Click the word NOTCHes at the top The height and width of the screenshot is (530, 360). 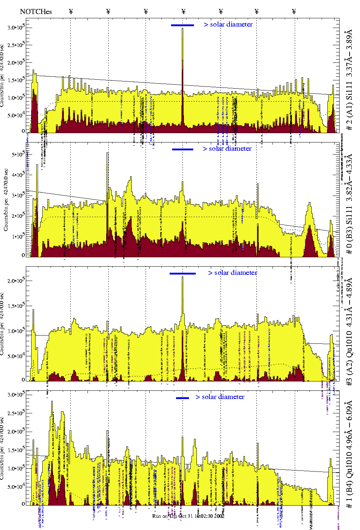[x=36, y=11]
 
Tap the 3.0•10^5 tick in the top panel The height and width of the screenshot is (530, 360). [x=16, y=27]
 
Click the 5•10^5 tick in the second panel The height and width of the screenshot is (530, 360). [x=18, y=154]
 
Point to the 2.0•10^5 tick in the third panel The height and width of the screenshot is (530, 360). [x=16, y=280]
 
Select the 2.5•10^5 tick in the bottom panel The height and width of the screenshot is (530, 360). [x=16, y=413]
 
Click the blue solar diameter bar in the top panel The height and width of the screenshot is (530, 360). [x=183, y=25]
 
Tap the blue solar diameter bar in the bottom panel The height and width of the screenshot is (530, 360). [x=183, y=398]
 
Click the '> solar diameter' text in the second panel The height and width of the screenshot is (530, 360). [x=227, y=149]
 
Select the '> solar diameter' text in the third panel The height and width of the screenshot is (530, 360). [x=232, y=273]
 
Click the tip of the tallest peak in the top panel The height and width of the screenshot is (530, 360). [x=183, y=29]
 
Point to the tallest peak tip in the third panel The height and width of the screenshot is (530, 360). [x=183, y=277]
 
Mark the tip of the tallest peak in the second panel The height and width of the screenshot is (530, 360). [x=108, y=153]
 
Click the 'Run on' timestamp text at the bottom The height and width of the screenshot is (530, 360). [x=188, y=516]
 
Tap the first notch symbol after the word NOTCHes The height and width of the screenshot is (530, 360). [x=71, y=11]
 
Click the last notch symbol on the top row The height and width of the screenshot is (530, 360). [x=294, y=11]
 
